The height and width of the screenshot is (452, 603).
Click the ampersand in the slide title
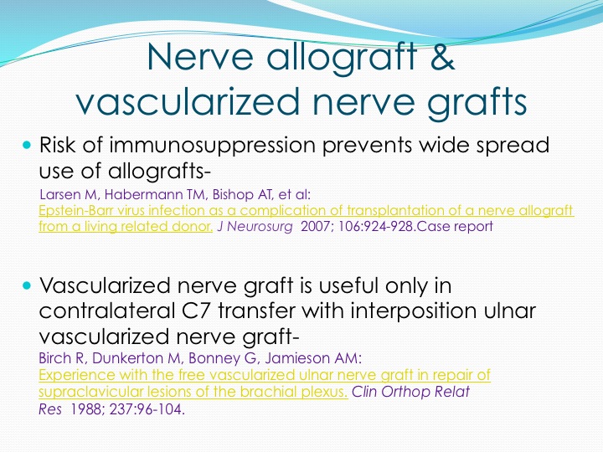442,57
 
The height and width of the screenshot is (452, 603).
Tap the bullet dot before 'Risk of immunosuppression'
26,146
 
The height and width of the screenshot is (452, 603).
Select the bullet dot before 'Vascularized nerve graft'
26,285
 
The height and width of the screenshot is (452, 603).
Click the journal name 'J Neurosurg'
255,226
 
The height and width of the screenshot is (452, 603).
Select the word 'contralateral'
107,311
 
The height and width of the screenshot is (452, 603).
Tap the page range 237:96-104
146,409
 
